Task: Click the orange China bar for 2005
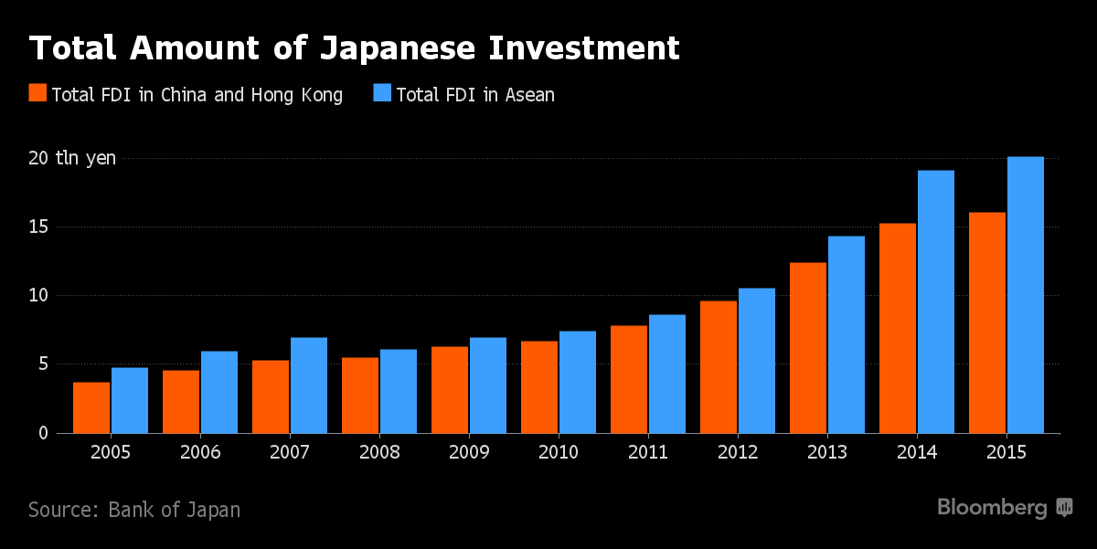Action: [x=91, y=407]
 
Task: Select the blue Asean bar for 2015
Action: [x=1025, y=294]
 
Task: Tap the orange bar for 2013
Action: [x=808, y=347]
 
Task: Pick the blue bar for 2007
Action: [x=309, y=385]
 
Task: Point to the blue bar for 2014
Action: [x=935, y=301]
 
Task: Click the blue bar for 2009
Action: [x=488, y=385]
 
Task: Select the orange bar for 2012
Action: [x=719, y=366]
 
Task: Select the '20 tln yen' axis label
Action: [x=72, y=158]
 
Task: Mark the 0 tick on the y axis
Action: [x=42, y=433]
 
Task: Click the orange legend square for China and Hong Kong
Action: [x=37, y=93]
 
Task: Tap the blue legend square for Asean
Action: [x=381, y=93]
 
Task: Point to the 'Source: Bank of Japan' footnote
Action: [x=134, y=510]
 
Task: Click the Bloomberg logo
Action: [x=1005, y=508]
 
